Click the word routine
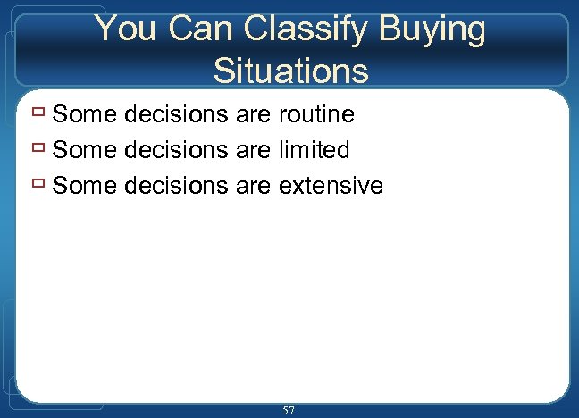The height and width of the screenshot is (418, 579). point(316,114)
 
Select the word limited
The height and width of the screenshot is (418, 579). point(314,150)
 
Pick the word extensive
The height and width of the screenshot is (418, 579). point(331,186)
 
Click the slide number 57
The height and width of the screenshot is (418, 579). point(289,410)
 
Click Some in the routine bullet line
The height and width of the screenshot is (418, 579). point(85,114)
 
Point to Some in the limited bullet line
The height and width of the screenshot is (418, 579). point(85,150)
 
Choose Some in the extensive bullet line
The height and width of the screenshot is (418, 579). point(85,186)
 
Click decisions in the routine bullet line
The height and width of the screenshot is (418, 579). point(177,114)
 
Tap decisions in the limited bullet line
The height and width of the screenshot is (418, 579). point(177,150)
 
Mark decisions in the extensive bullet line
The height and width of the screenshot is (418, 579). point(177,186)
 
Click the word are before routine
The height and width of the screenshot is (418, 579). point(256,115)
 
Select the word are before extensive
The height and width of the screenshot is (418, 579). point(256,187)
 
